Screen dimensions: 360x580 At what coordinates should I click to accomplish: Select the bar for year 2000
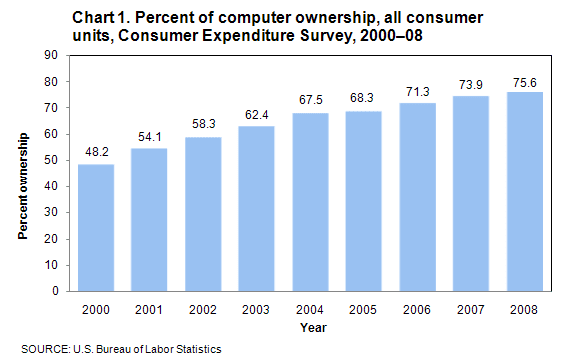click(95, 228)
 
